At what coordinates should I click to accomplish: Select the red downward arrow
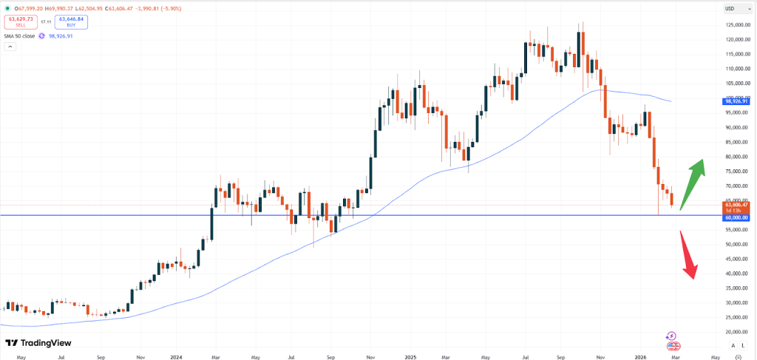point(687,256)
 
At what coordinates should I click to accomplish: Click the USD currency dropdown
point(733,9)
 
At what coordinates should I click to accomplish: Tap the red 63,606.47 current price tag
point(736,205)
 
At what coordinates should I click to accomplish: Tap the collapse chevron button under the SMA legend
point(10,47)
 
